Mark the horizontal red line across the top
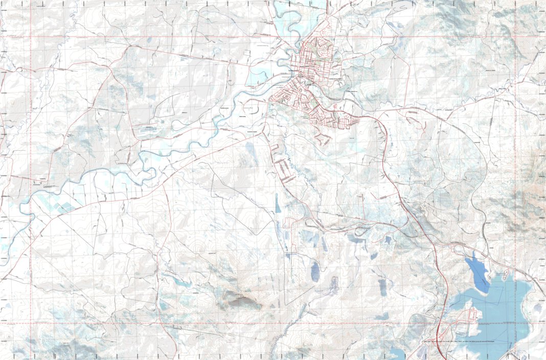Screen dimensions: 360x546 click(153, 37)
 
